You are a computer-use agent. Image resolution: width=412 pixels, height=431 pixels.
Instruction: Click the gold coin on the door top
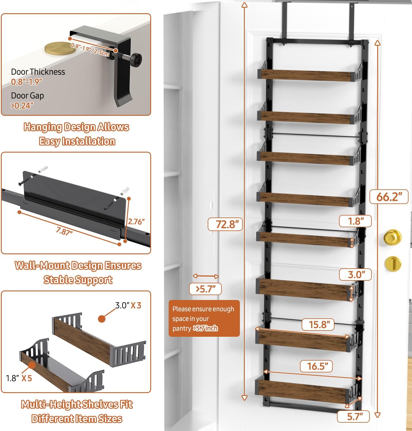[60, 48]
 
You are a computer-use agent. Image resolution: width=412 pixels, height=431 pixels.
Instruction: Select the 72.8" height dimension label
[225, 224]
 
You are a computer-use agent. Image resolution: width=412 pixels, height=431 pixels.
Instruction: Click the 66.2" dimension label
[389, 197]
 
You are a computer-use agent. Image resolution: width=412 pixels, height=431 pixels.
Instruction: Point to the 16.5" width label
[316, 366]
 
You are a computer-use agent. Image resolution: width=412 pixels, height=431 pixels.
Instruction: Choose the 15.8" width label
[318, 324]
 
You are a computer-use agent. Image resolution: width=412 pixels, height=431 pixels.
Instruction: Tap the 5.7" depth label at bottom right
[353, 416]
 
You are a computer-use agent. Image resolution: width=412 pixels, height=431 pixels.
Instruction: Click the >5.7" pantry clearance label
[205, 289]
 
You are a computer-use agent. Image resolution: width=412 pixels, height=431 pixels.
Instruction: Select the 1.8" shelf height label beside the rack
[355, 221]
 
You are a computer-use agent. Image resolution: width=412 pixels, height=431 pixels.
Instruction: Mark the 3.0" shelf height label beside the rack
[355, 274]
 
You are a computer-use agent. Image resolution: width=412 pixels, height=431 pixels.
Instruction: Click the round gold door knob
[392, 237]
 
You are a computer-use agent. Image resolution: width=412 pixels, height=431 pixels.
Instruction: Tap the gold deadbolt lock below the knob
[393, 263]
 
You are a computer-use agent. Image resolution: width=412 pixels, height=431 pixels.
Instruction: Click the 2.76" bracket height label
[136, 222]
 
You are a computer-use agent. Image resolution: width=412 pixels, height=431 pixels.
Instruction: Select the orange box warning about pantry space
[204, 318]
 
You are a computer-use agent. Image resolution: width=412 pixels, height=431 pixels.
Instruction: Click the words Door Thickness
[38, 72]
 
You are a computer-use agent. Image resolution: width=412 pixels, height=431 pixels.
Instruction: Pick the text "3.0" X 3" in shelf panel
[128, 305]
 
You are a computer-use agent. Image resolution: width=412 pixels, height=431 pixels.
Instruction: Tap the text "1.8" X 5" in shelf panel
[19, 378]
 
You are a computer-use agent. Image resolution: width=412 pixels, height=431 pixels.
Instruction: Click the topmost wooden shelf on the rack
[305, 75]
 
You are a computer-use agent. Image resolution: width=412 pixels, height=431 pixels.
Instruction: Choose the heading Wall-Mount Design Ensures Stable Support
[78, 272]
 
